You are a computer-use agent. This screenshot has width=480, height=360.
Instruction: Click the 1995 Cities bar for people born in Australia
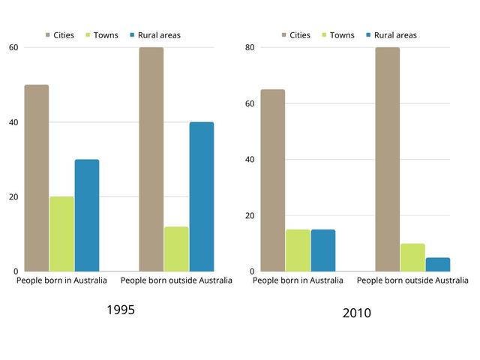(x=36, y=178)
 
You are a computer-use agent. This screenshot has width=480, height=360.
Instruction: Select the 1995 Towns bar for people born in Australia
(x=61, y=234)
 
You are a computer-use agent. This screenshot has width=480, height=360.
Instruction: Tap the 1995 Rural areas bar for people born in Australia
(x=86, y=215)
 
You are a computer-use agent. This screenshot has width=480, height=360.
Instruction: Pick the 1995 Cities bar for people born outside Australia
(x=151, y=159)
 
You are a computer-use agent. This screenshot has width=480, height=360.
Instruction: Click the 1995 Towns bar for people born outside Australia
(x=176, y=249)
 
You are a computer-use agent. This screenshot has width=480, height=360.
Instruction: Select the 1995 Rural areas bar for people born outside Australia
(x=201, y=196)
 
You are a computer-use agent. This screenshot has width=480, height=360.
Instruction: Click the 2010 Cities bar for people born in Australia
(x=272, y=180)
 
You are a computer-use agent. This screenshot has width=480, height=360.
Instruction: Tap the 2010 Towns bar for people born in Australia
(x=298, y=250)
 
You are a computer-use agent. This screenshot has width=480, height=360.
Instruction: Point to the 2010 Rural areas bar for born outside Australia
(x=438, y=265)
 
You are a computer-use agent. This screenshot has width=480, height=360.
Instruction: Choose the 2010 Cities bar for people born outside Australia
(x=388, y=159)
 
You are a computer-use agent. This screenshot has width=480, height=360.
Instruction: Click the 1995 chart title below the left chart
(x=121, y=310)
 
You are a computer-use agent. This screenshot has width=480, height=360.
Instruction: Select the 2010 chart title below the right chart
(x=356, y=313)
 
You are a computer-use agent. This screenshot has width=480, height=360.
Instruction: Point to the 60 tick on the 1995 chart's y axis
(x=13, y=47)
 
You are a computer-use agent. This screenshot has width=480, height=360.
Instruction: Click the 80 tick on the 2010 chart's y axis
(x=250, y=47)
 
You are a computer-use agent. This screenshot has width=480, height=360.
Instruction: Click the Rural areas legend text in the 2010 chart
(x=395, y=35)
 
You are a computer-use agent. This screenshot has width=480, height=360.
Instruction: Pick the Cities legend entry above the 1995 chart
(x=59, y=35)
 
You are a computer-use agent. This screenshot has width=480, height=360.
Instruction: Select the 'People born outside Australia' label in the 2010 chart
(x=412, y=280)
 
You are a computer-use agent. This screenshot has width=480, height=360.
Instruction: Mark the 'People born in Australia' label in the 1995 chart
(x=61, y=280)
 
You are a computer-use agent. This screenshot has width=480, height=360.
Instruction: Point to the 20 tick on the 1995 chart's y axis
(x=13, y=196)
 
